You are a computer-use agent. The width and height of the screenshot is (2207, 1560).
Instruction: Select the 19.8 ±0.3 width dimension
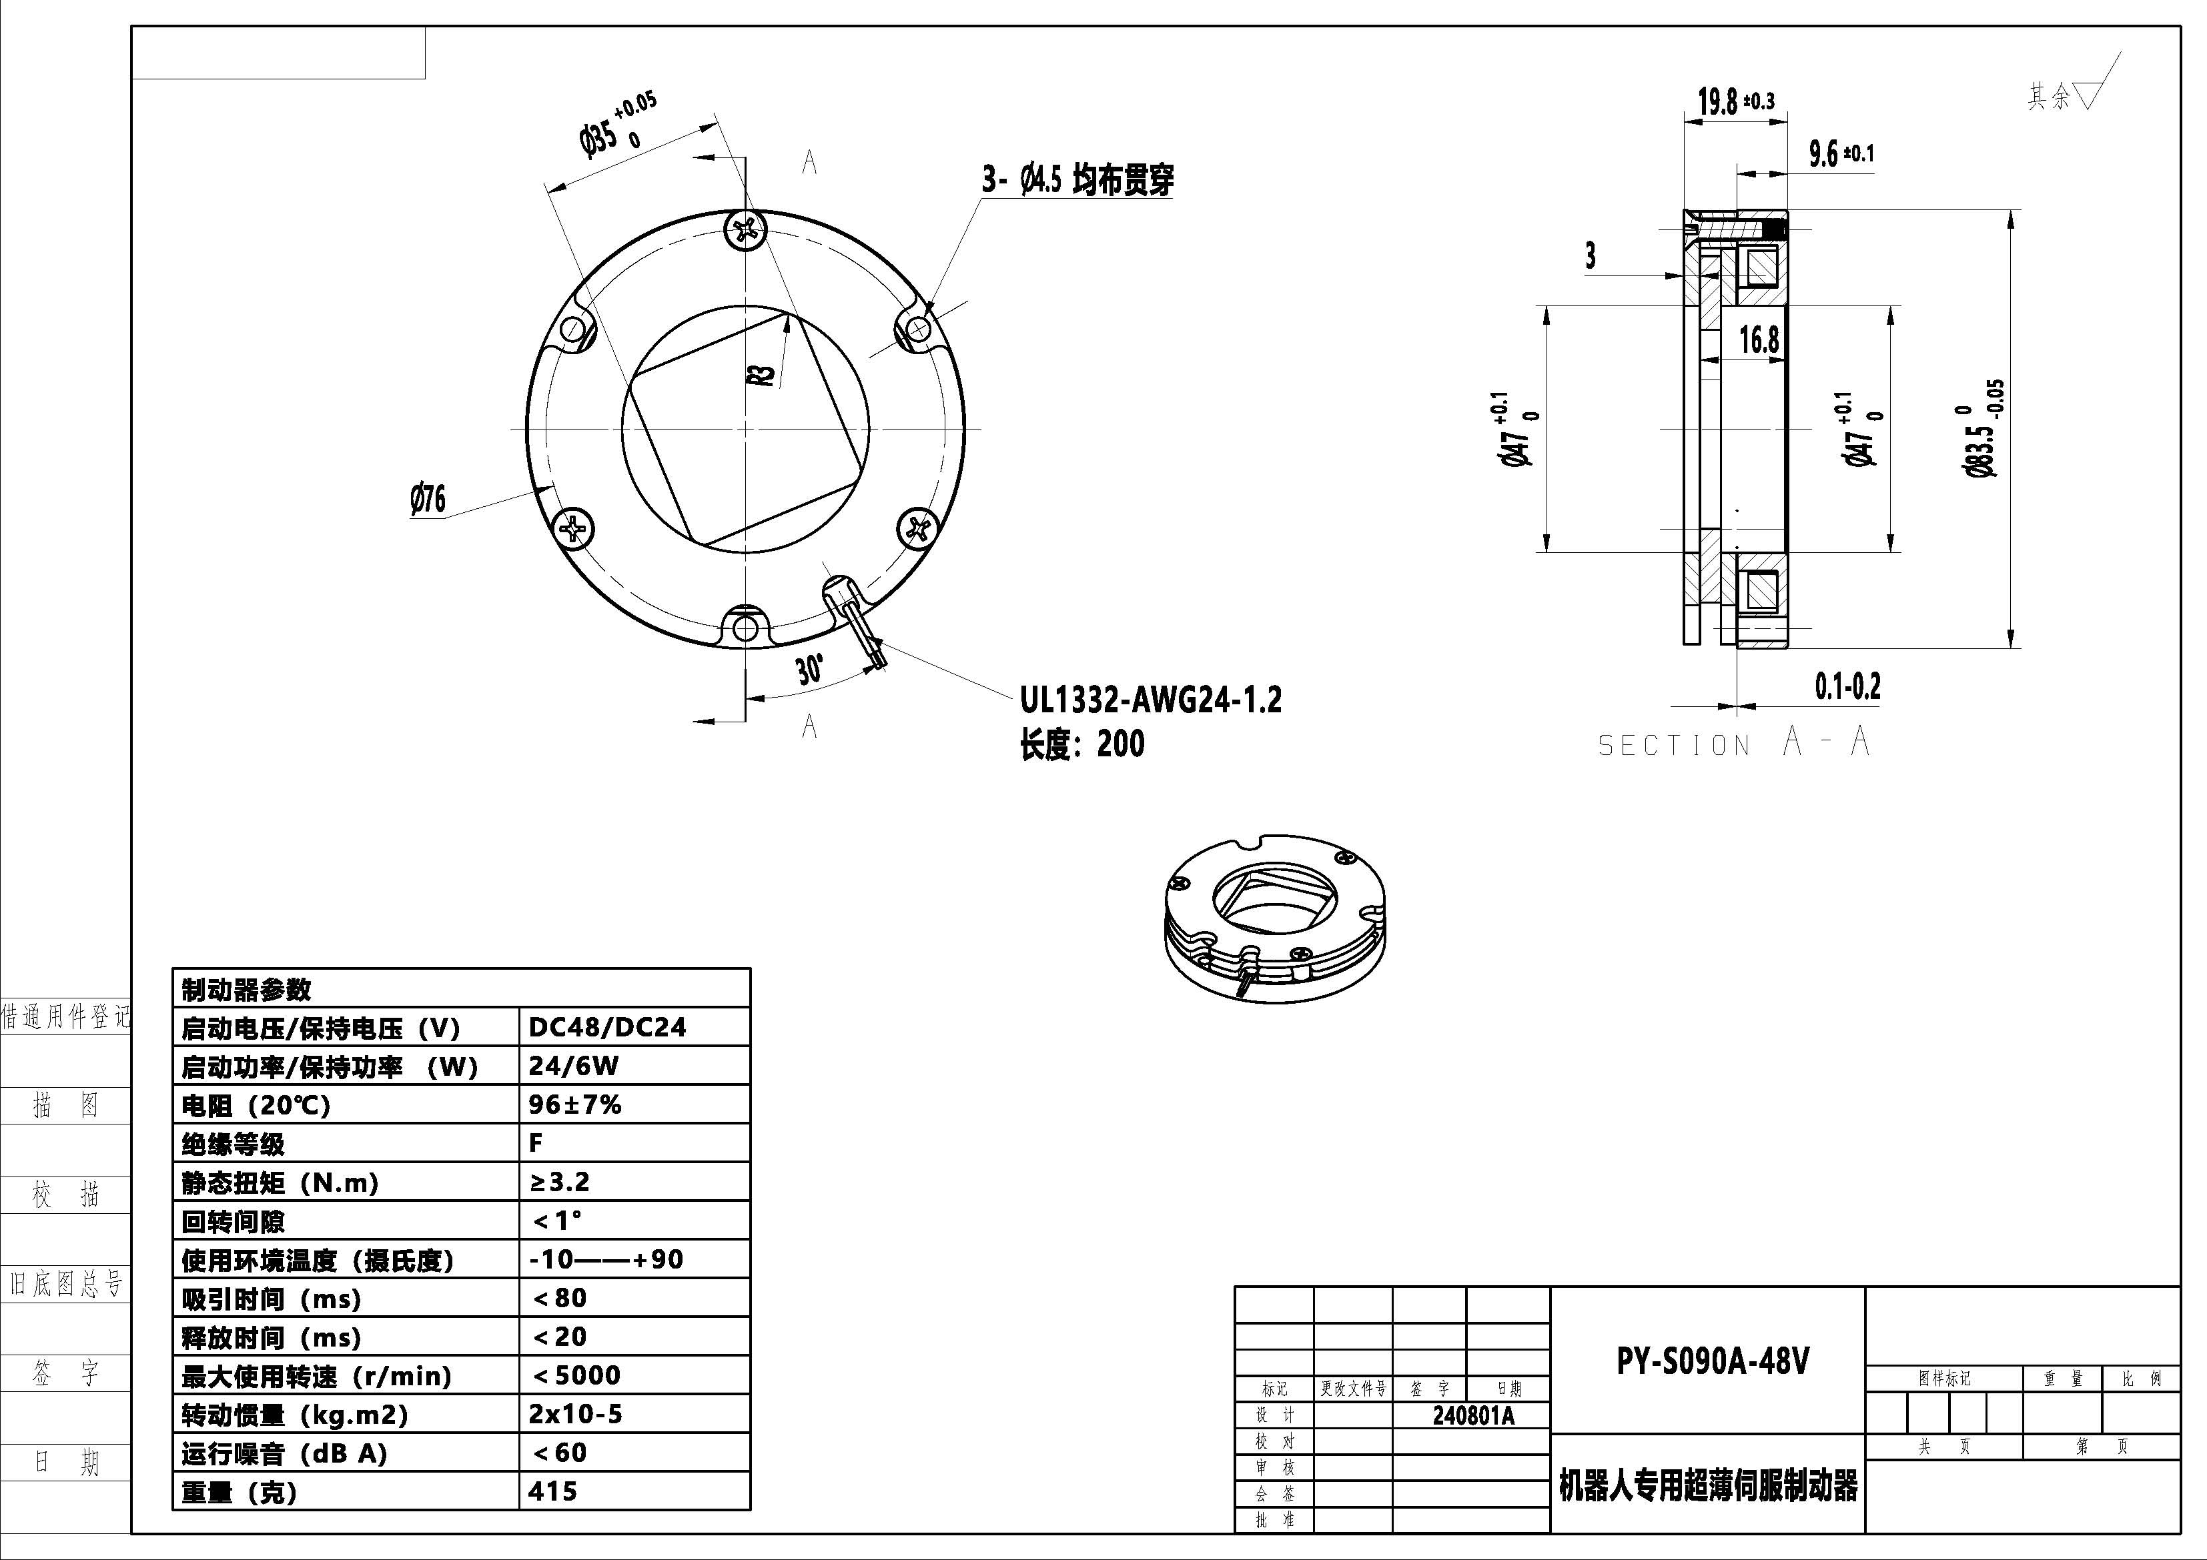(1736, 101)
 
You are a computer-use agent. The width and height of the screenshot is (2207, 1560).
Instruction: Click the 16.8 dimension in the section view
(1759, 339)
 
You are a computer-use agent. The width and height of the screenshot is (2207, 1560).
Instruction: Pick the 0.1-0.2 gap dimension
(1847, 686)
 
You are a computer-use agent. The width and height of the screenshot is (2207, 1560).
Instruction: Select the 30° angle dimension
(809, 669)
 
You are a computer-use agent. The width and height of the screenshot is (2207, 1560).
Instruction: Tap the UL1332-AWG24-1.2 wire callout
(1151, 700)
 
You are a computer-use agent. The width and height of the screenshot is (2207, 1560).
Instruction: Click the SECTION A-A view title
(1734, 743)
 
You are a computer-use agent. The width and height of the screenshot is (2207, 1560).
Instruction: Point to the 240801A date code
(1472, 1416)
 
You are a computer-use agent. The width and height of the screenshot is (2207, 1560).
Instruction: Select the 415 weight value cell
(554, 1491)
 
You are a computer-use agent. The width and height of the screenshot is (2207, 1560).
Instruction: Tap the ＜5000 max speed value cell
(576, 1375)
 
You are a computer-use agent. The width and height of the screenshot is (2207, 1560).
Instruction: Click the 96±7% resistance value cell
(575, 1104)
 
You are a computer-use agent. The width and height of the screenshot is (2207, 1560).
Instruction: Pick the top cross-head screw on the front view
(746, 229)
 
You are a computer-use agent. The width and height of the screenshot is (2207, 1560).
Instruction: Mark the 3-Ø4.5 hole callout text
(1077, 179)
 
